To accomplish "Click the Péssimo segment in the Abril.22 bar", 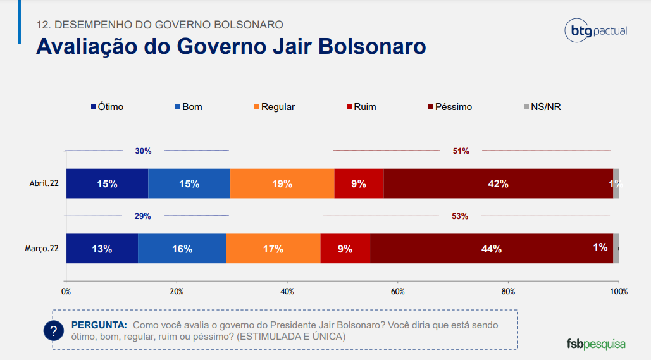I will pyautogui.click(x=498, y=184).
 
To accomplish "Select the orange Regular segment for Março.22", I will pyautogui.click(x=273, y=249).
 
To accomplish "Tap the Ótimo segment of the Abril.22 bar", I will pyautogui.click(x=107, y=184).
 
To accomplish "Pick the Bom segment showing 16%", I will pyautogui.click(x=182, y=249).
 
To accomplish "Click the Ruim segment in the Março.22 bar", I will pyautogui.click(x=345, y=249).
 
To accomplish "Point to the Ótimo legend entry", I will pyautogui.click(x=107, y=107).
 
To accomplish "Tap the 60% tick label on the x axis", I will pyautogui.click(x=397, y=292).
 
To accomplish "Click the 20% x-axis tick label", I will pyautogui.click(x=177, y=292).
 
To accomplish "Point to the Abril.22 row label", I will pyautogui.click(x=44, y=184).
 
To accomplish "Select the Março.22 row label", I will pyautogui.click(x=42, y=249).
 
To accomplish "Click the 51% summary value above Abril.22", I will pyautogui.click(x=461, y=151).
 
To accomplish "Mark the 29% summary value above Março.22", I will pyautogui.click(x=142, y=216).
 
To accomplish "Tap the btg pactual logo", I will pyautogui.click(x=595, y=30).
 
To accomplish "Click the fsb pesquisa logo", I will pyautogui.click(x=595, y=344).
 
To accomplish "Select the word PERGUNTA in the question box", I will pyautogui.click(x=99, y=325).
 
